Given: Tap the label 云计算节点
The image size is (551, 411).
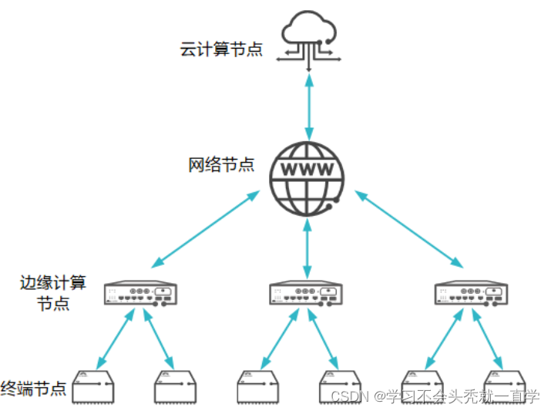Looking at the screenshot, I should pyautogui.click(x=221, y=50).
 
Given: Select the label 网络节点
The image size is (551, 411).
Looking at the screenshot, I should pyautogui.click(x=221, y=165).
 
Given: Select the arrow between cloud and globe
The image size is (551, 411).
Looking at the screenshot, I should pyautogui.click(x=308, y=104).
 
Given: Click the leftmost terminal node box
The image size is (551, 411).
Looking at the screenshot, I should pyautogui.click(x=93, y=387).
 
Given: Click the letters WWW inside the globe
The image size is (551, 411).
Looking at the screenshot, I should pyautogui.click(x=307, y=169).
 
